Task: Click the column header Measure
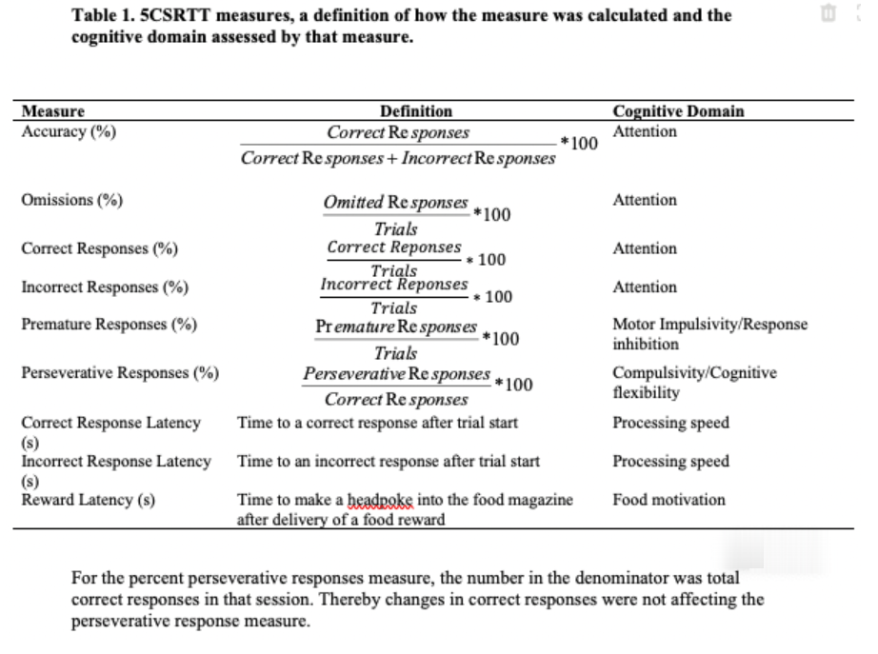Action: pos(52,111)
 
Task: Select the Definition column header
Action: pos(416,111)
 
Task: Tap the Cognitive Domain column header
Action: pos(678,111)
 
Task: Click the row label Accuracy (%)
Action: pos(69,131)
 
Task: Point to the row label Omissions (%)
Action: pos(71,200)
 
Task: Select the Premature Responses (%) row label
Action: pos(109,324)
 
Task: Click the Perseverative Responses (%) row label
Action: pos(120,372)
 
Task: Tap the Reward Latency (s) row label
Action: pos(88,500)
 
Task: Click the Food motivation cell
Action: pos(668,500)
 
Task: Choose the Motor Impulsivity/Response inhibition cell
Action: pos(708,333)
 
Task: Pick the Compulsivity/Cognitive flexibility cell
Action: pos(693,382)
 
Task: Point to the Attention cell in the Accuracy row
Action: pos(645,131)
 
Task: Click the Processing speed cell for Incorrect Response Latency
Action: pos(670,462)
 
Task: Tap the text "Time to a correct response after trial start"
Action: pos(377,423)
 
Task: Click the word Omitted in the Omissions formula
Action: pos(352,203)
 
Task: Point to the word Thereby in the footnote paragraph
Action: pos(354,599)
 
